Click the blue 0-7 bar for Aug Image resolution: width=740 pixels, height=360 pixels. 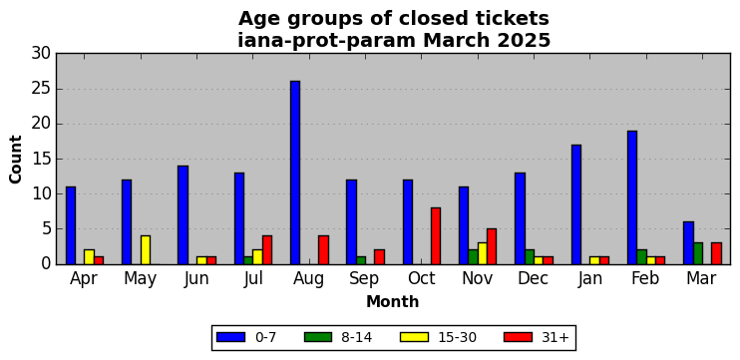click(x=295, y=173)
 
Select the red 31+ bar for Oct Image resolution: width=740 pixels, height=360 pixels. click(x=436, y=236)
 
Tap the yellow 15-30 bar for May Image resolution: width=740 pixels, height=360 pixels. click(x=146, y=250)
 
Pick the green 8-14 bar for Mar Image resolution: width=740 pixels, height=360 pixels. click(x=697, y=253)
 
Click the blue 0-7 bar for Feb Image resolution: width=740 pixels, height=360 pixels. click(x=632, y=197)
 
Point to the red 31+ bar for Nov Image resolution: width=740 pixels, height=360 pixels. click(x=492, y=246)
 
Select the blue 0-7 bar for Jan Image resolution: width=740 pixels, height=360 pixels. click(x=575, y=204)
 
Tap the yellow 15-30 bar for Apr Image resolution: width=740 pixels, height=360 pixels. click(x=89, y=257)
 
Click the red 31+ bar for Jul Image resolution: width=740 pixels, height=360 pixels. click(x=267, y=250)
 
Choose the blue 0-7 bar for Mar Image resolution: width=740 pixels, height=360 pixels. click(x=688, y=243)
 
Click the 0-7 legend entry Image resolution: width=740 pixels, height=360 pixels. click(x=246, y=337)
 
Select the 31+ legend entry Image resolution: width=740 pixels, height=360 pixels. click(x=537, y=337)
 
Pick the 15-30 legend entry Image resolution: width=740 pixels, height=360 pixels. click(x=438, y=337)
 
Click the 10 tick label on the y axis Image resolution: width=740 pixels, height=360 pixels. click(x=41, y=193)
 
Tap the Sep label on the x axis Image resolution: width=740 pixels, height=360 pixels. click(x=364, y=279)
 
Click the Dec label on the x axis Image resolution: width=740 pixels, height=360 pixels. click(x=533, y=278)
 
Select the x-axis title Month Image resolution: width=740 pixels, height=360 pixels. click(x=393, y=301)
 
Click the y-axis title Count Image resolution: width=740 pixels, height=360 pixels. click(x=16, y=159)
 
